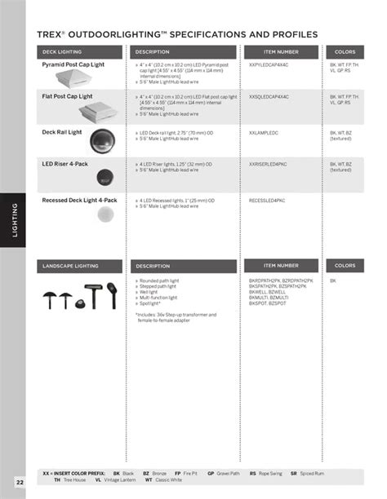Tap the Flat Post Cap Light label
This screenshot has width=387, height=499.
pos(66,96)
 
